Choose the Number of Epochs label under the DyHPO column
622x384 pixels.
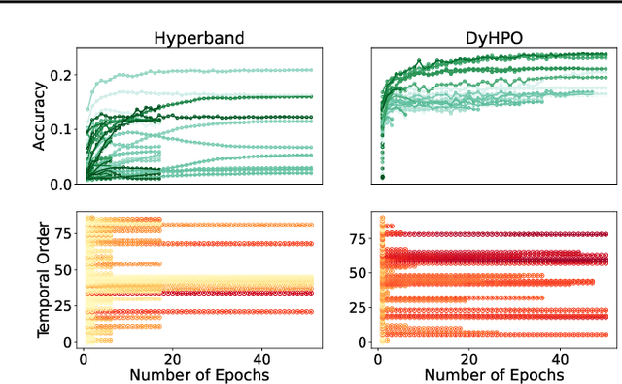494,373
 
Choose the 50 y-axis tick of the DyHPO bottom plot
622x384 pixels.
359,272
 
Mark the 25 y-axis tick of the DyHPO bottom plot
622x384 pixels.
359,307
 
